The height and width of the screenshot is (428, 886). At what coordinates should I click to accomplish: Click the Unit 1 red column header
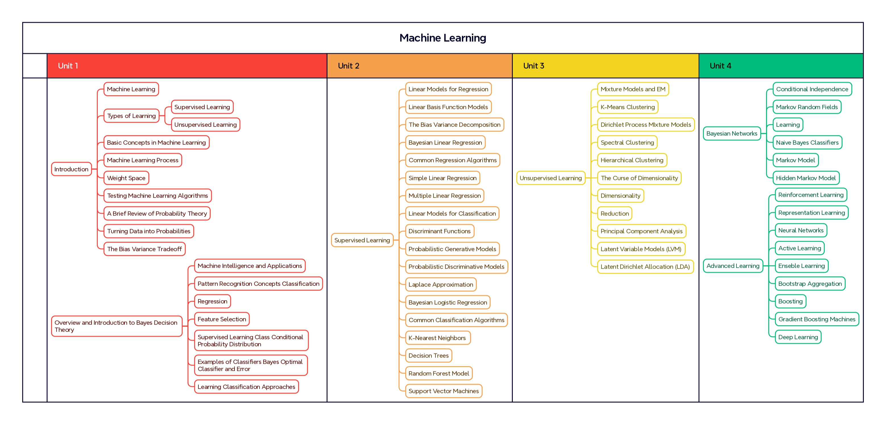click(x=187, y=66)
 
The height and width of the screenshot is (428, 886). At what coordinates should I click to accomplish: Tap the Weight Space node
click(x=126, y=178)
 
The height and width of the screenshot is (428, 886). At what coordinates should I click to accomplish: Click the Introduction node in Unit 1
click(x=71, y=169)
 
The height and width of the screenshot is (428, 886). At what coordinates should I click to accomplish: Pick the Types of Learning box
click(x=131, y=116)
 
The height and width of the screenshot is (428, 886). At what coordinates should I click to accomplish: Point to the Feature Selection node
click(x=221, y=319)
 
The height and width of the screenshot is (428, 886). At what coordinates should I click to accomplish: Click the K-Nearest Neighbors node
click(x=437, y=338)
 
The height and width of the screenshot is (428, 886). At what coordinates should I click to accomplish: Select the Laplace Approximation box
click(x=441, y=285)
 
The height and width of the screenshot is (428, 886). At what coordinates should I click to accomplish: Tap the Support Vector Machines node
click(x=443, y=391)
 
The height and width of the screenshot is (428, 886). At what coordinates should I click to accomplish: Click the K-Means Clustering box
click(x=627, y=107)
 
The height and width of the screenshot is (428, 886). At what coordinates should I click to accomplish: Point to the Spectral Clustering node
click(x=627, y=142)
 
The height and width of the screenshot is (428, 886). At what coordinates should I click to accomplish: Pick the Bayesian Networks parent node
click(x=732, y=133)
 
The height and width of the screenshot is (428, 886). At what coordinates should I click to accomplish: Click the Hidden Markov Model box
click(x=806, y=178)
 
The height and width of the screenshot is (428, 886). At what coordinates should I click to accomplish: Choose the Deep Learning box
click(x=798, y=337)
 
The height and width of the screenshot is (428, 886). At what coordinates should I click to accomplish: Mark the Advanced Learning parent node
click(x=733, y=266)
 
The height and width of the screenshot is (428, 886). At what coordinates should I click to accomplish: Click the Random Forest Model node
click(x=439, y=373)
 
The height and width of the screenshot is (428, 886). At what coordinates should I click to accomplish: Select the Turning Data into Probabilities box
click(x=149, y=231)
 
